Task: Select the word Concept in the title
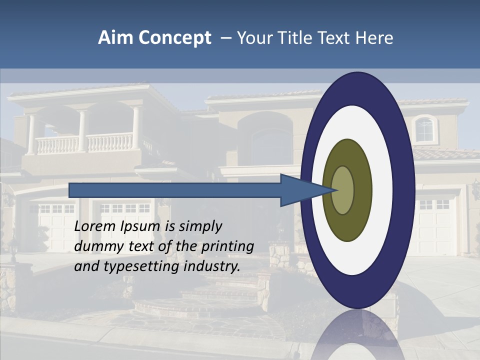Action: [175, 38]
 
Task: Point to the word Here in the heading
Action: [375, 38]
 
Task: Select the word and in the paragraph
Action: [86, 266]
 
